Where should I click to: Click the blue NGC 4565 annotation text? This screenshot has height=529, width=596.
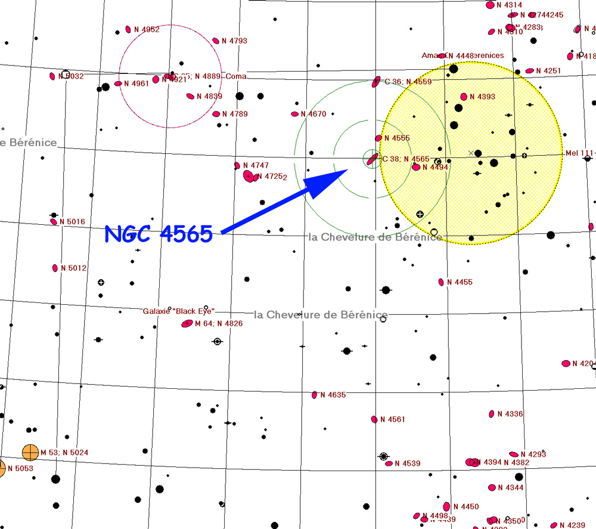pos(159,234)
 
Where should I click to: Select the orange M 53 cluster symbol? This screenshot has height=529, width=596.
pos(30,453)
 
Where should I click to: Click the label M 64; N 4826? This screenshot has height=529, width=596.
pos(219,324)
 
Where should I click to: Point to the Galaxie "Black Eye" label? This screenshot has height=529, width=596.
pos(179,311)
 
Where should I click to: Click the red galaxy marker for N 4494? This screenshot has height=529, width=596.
pos(416,168)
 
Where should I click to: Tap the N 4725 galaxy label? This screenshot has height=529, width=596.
pos(275,177)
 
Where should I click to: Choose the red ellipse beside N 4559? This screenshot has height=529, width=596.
pos(376,82)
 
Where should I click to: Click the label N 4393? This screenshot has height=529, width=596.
pos(482,97)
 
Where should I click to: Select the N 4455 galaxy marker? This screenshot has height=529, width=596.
pos(442,282)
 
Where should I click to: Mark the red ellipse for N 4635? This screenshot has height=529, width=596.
pos(315,395)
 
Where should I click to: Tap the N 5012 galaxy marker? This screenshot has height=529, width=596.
pos(55,268)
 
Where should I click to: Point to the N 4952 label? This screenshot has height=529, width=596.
pos(147,29)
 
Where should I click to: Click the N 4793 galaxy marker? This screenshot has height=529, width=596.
pos(216,41)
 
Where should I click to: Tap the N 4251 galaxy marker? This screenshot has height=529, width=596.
pos(530,71)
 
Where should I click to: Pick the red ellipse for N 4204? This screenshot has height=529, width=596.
pos(566,364)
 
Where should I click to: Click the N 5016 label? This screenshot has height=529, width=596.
pos(72,222)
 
